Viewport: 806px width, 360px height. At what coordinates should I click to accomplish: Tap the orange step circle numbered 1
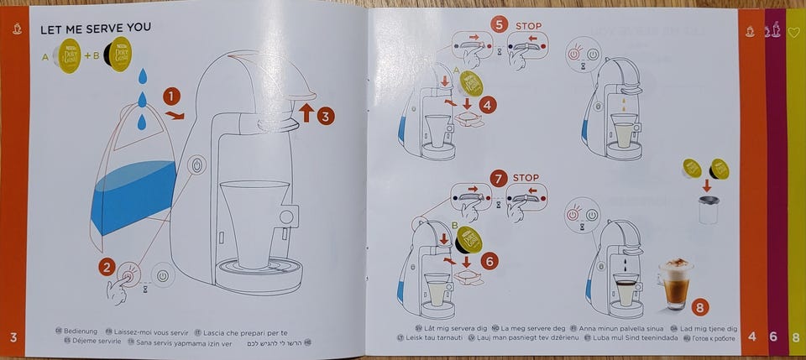click(171, 98)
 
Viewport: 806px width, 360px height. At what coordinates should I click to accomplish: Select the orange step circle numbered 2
click(107, 268)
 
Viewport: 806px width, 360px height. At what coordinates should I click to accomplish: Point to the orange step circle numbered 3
click(325, 116)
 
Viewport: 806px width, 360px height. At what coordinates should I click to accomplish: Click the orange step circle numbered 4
click(489, 105)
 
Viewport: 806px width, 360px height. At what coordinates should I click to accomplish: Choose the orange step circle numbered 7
click(499, 179)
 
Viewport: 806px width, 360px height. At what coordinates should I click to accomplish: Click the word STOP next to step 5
click(528, 25)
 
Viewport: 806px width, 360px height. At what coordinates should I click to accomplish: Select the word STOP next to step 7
click(526, 178)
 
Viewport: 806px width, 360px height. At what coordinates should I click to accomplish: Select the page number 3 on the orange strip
click(13, 338)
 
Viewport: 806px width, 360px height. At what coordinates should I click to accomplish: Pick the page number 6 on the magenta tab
click(773, 337)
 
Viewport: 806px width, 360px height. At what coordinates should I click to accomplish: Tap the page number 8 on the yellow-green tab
click(795, 337)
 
